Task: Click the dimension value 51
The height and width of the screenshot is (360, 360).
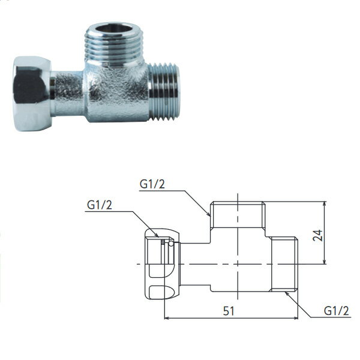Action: click(x=229, y=311)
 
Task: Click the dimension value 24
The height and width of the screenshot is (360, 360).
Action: click(x=318, y=235)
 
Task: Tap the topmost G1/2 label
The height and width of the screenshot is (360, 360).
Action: click(x=152, y=184)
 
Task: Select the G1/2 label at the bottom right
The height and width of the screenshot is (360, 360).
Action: click(x=337, y=311)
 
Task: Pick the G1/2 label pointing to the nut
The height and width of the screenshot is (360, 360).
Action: click(x=100, y=205)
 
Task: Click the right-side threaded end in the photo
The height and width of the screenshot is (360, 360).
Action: click(x=163, y=92)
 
